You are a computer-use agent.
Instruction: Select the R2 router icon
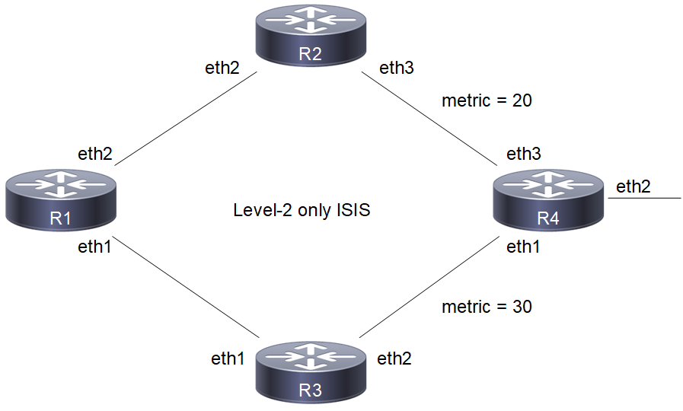[310, 34]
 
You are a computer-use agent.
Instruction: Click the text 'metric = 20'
[487, 100]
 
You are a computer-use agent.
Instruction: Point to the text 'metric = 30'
[487, 307]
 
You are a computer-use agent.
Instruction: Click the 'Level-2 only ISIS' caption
[302, 210]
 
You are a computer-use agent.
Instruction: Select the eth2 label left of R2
[223, 68]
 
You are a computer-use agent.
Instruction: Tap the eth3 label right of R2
[397, 68]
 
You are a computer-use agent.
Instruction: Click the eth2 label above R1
[95, 154]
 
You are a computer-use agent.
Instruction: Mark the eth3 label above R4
[524, 154]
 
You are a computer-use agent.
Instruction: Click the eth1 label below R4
[524, 247]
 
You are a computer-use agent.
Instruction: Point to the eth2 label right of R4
[634, 186]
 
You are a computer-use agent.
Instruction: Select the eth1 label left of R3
[228, 358]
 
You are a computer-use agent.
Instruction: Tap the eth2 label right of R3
[394, 358]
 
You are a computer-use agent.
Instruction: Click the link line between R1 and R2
[187, 119]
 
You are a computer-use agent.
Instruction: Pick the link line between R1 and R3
[187, 289]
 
